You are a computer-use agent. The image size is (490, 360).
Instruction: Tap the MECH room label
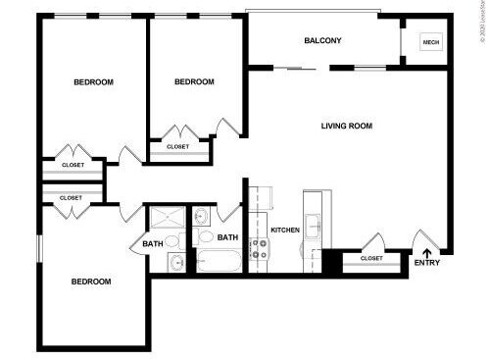pos(430,42)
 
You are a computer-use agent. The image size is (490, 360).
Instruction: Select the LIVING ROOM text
pos(347,126)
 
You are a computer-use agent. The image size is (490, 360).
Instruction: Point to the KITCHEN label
pos(285,230)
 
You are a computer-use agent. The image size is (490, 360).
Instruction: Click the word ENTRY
pos(427,262)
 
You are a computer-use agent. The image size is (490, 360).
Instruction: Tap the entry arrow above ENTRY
pos(426,249)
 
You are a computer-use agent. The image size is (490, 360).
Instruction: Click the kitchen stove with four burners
pos(260,248)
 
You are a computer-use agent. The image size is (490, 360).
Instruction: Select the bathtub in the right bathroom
pos(219,261)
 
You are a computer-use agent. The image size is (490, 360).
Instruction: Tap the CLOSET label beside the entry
pos(372,258)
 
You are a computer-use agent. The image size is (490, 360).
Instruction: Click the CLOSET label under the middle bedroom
pos(178,146)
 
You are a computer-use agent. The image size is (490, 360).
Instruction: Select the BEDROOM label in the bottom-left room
pos(91,282)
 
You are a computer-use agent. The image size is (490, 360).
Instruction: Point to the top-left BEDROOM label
pos(94,82)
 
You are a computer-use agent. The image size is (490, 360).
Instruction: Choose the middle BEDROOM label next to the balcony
pos(194,82)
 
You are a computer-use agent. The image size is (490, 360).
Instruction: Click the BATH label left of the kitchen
pos(227,238)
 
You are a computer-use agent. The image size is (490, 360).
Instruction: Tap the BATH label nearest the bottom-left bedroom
pos(152,244)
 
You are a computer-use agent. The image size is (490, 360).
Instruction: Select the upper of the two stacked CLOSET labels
pos(73,165)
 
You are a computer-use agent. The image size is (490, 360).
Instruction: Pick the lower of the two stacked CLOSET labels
pos(71,197)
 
